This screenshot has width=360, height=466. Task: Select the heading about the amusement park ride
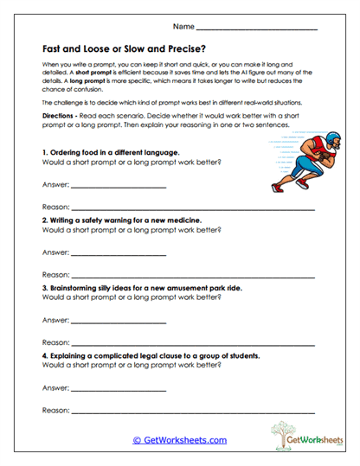pyautogui.click(x=142, y=288)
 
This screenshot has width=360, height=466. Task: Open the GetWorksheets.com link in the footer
pyautogui.click(x=179, y=440)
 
